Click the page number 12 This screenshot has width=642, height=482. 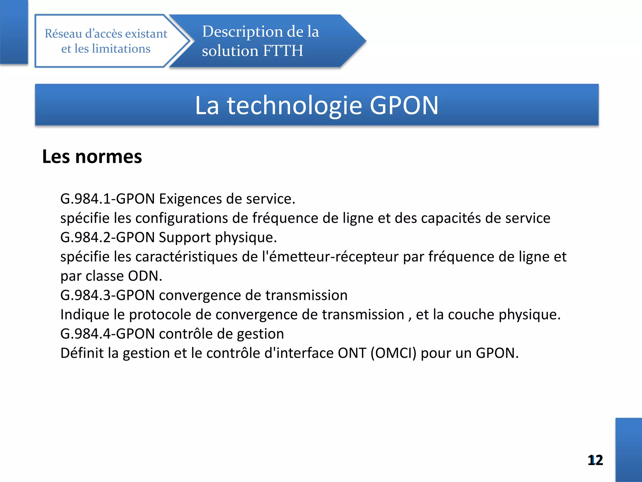595,460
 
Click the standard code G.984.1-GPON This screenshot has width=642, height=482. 108,199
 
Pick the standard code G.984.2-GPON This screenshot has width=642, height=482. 108,237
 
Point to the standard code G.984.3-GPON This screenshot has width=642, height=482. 108,295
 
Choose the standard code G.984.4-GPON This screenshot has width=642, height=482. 108,334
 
